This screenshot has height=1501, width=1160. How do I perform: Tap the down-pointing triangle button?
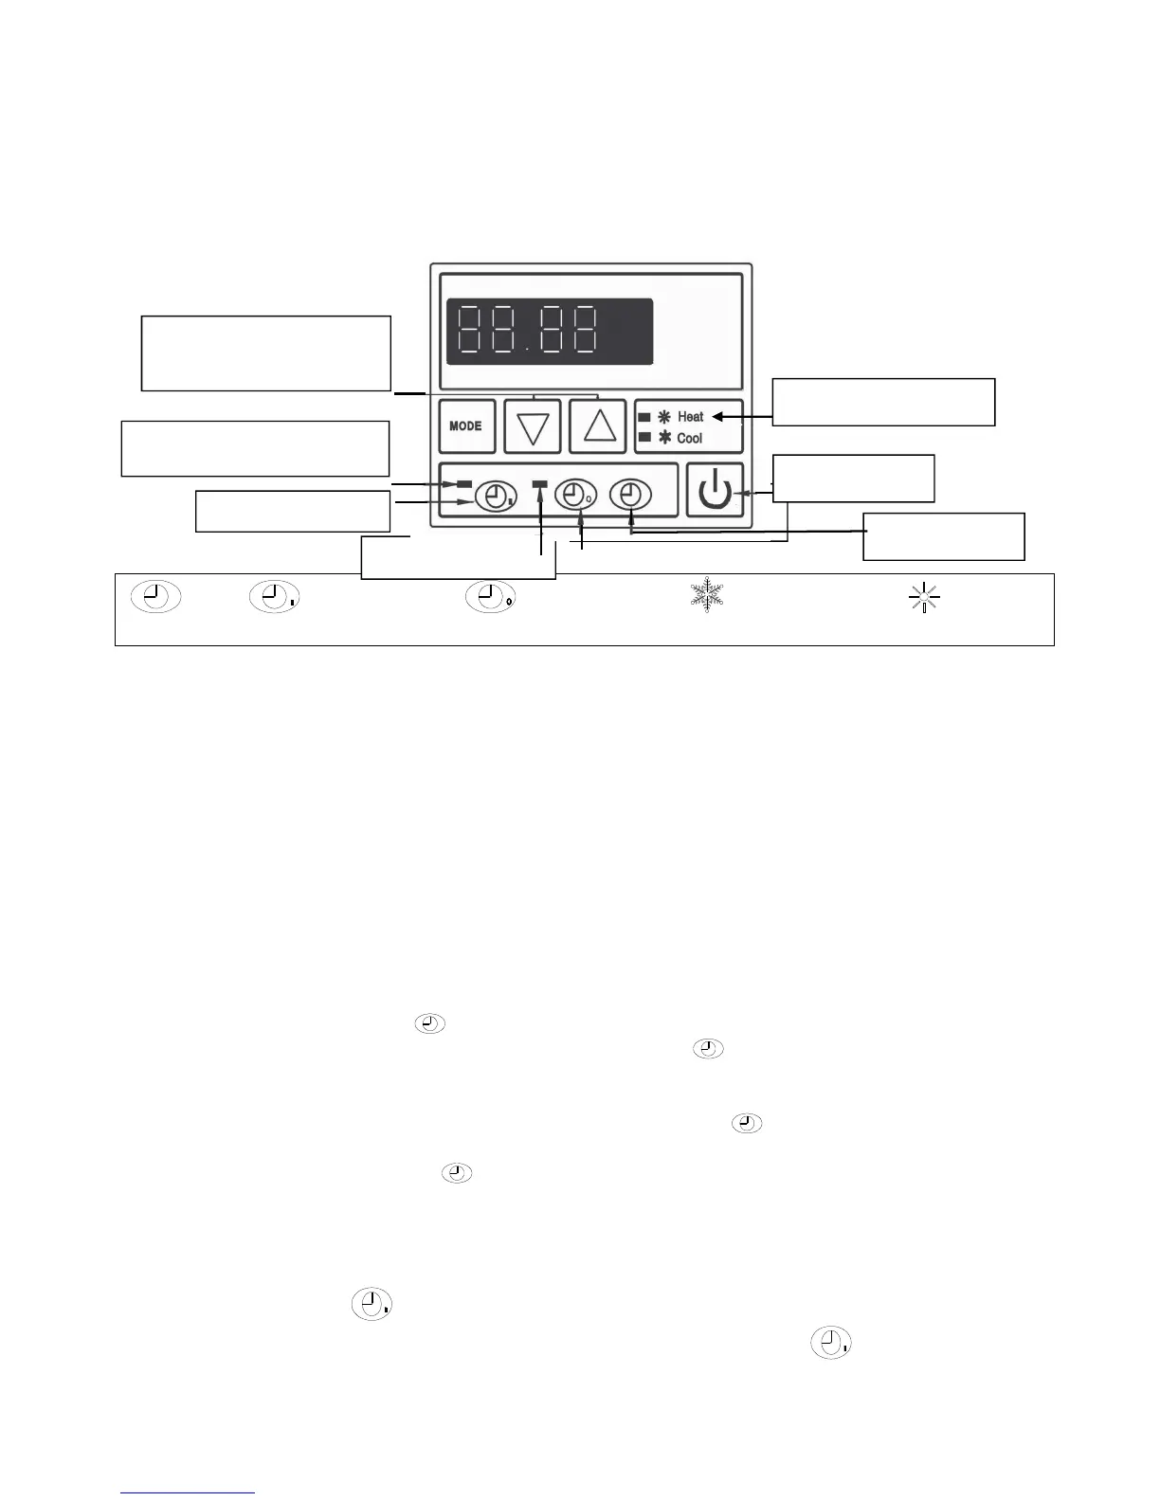coord(533,426)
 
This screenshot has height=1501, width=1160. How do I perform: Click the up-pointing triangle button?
coord(598,426)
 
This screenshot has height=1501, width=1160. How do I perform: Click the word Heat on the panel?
coord(691,417)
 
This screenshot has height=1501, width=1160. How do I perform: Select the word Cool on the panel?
coord(690,439)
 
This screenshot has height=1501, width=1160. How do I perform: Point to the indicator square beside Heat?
coord(644,417)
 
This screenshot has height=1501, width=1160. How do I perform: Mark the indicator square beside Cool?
coord(644,438)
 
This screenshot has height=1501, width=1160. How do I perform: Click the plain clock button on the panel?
coord(630,495)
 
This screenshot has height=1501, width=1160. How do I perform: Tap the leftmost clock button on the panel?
coord(495,496)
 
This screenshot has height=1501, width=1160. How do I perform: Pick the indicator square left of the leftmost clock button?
coord(464,484)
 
